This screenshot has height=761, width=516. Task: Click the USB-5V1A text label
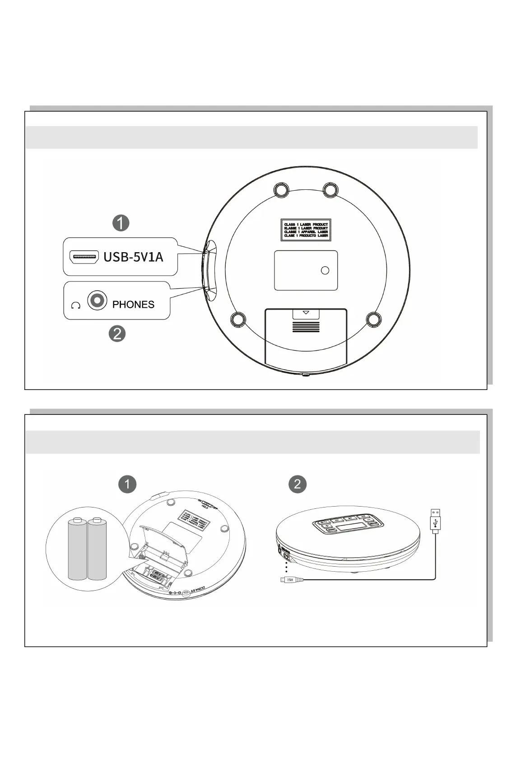pyautogui.click(x=133, y=257)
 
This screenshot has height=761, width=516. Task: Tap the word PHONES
pyautogui.click(x=133, y=305)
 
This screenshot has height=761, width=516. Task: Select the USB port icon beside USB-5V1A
pyautogui.click(x=84, y=257)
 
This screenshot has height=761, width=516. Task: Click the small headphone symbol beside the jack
pyautogui.click(x=76, y=305)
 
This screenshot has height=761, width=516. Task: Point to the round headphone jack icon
pyautogui.click(x=97, y=301)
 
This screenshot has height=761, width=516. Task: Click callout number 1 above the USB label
pyautogui.click(x=121, y=223)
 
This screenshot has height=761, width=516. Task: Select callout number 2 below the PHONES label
pyautogui.click(x=117, y=334)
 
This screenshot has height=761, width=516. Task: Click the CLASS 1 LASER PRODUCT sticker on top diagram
pyautogui.click(x=306, y=230)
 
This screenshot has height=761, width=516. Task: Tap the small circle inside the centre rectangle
pyautogui.click(x=325, y=270)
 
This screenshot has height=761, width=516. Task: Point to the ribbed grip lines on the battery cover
pyautogui.click(x=306, y=327)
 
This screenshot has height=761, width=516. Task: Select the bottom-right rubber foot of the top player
pyautogui.click(x=374, y=319)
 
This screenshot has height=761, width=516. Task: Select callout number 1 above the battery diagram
pyautogui.click(x=127, y=484)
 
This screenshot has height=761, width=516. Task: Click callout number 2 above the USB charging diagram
pyautogui.click(x=298, y=484)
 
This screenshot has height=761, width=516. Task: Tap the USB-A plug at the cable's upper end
pyautogui.click(x=435, y=520)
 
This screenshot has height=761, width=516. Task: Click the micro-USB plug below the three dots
pyautogui.click(x=287, y=580)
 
